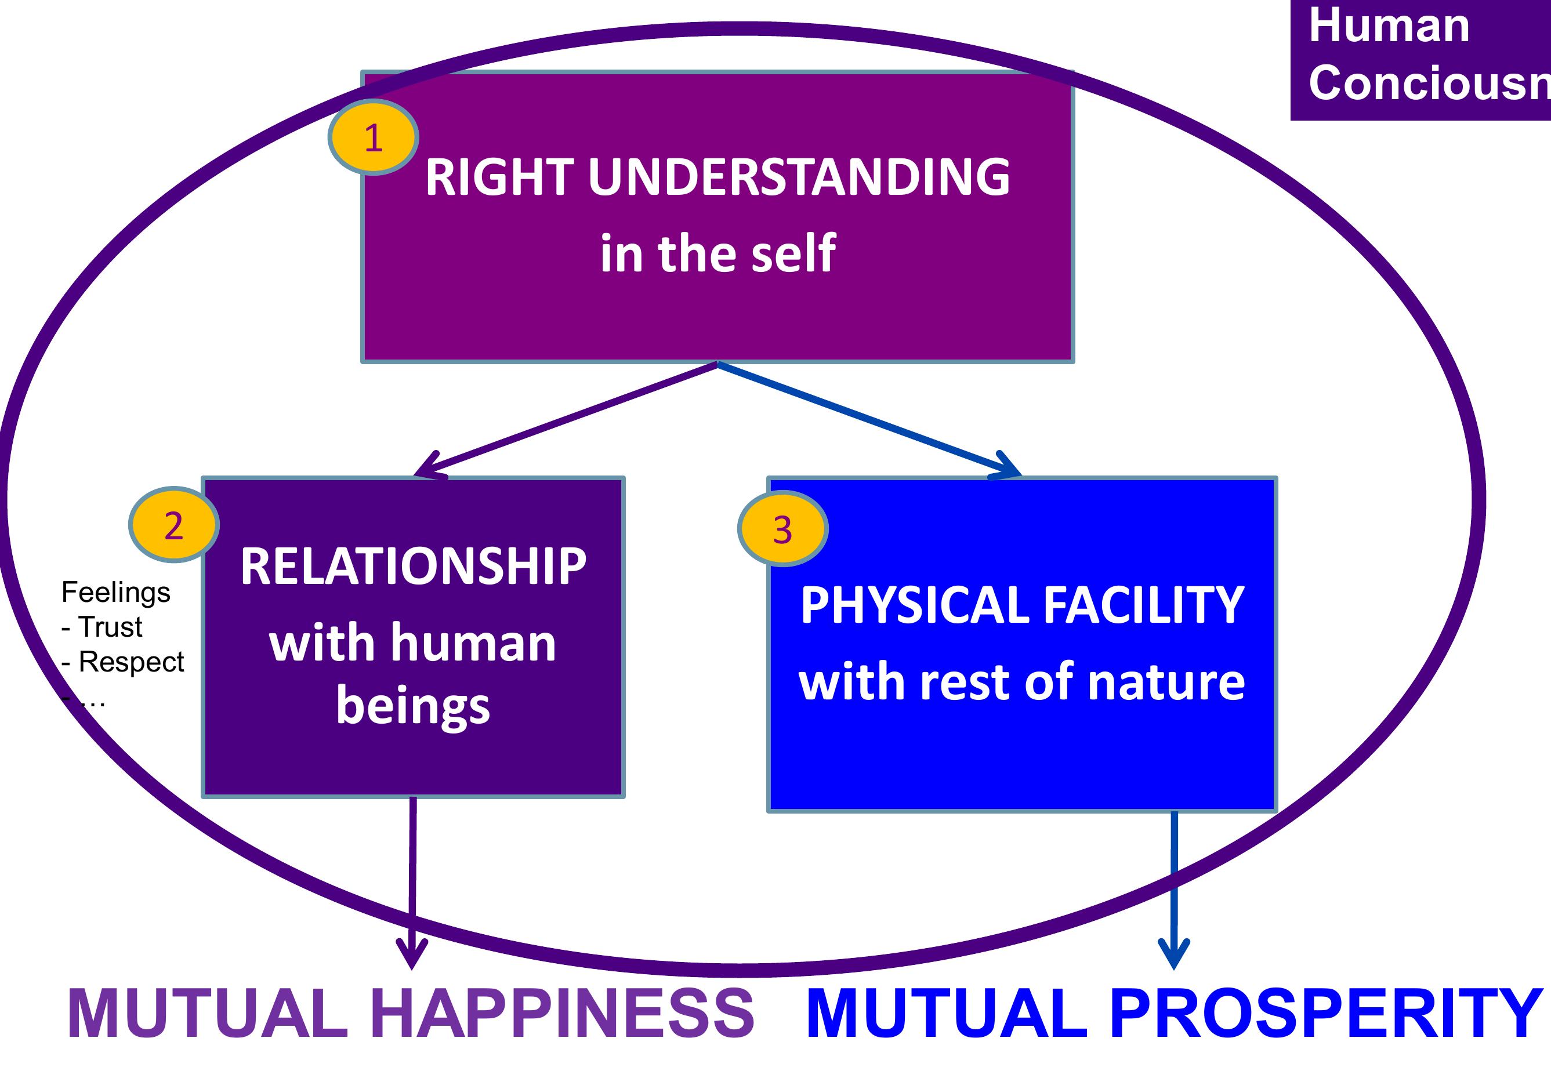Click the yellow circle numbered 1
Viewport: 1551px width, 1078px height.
(373, 137)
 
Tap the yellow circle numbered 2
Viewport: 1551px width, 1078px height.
(173, 525)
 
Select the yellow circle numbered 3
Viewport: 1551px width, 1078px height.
(782, 528)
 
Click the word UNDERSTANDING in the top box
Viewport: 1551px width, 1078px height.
(799, 177)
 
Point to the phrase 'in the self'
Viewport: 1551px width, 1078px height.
(717, 253)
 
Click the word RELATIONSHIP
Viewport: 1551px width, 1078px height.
(413, 566)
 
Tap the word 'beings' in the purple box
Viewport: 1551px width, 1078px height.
(413, 706)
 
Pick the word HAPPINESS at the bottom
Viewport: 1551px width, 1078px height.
(562, 1014)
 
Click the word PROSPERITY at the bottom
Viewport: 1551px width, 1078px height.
(1325, 1014)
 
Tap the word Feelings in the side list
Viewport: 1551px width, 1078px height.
(115, 593)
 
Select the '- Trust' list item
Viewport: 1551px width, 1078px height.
(102, 627)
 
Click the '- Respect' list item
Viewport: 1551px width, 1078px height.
(123, 662)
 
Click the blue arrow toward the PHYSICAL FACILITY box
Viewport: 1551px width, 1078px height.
(871, 418)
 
